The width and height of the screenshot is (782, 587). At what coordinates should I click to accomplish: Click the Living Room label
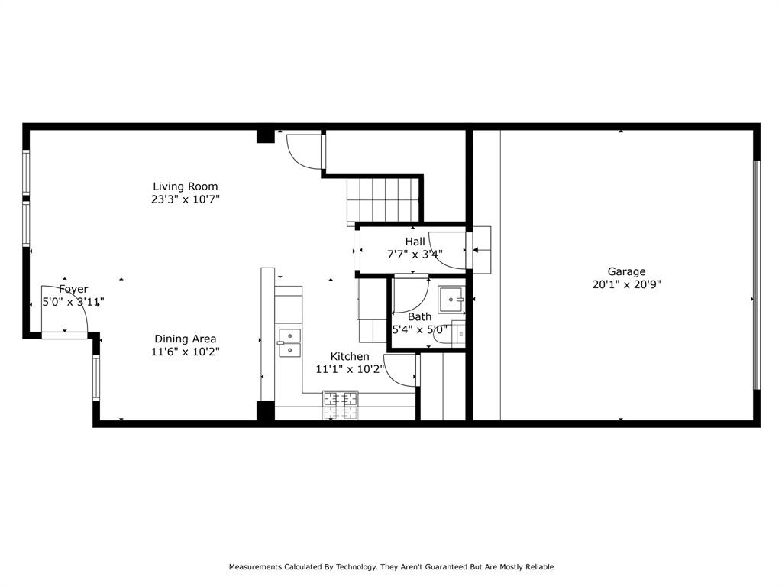pyautogui.click(x=185, y=186)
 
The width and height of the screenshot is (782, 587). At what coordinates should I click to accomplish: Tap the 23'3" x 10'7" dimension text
pyautogui.click(x=185, y=199)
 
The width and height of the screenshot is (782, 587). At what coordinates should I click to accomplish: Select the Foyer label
pyautogui.click(x=73, y=289)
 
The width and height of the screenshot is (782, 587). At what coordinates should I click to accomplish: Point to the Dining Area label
pyautogui.click(x=185, y=339)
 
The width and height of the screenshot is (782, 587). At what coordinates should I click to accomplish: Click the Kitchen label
pyautogui.click(x=350, y=357)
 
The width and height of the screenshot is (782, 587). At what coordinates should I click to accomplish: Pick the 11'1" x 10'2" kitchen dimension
pyautogui.click(x=349, y=369)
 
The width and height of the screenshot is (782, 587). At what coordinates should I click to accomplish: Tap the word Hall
pyautogui.click(x=415, y=242)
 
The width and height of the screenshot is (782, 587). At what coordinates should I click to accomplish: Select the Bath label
pyautogui.click(x=419, y=317)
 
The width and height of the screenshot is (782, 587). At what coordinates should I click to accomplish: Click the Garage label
pyautogui.click(x=626, y=271)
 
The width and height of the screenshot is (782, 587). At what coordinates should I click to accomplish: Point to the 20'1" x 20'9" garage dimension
pyautogui.click(x=626, y=284)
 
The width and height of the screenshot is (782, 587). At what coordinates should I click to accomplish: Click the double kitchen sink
pyautogui.click(x=289, y=343)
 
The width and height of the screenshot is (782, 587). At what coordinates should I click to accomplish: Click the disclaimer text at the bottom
pyautogui.click(x=391, y=567)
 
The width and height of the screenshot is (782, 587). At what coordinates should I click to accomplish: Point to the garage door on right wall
pyautogui.click(x=756, y=275)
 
